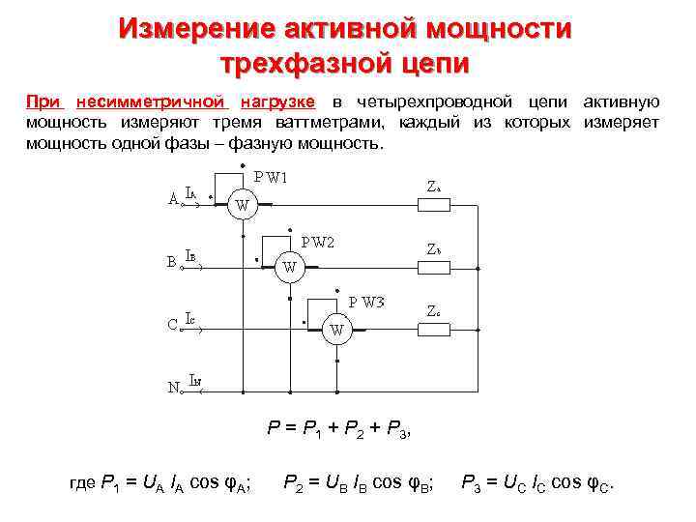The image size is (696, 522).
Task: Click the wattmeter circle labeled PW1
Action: (242, 205)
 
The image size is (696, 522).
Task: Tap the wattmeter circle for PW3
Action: (336, 331)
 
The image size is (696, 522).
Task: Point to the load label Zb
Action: (435, 249)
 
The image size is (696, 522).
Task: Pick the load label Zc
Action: (435, 310)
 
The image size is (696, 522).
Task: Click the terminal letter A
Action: (172, 199)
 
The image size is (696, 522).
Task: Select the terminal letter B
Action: (171, 262)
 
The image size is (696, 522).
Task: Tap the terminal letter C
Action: (171, 325)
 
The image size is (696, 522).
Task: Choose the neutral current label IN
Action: (195, 382)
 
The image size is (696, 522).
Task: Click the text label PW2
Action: (316, 242)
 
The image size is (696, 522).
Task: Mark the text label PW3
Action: (366, 302)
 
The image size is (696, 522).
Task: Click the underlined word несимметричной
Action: (152, 102)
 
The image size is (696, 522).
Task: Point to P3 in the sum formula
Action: (398, 432)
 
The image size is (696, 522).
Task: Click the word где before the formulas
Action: (83, 483)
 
